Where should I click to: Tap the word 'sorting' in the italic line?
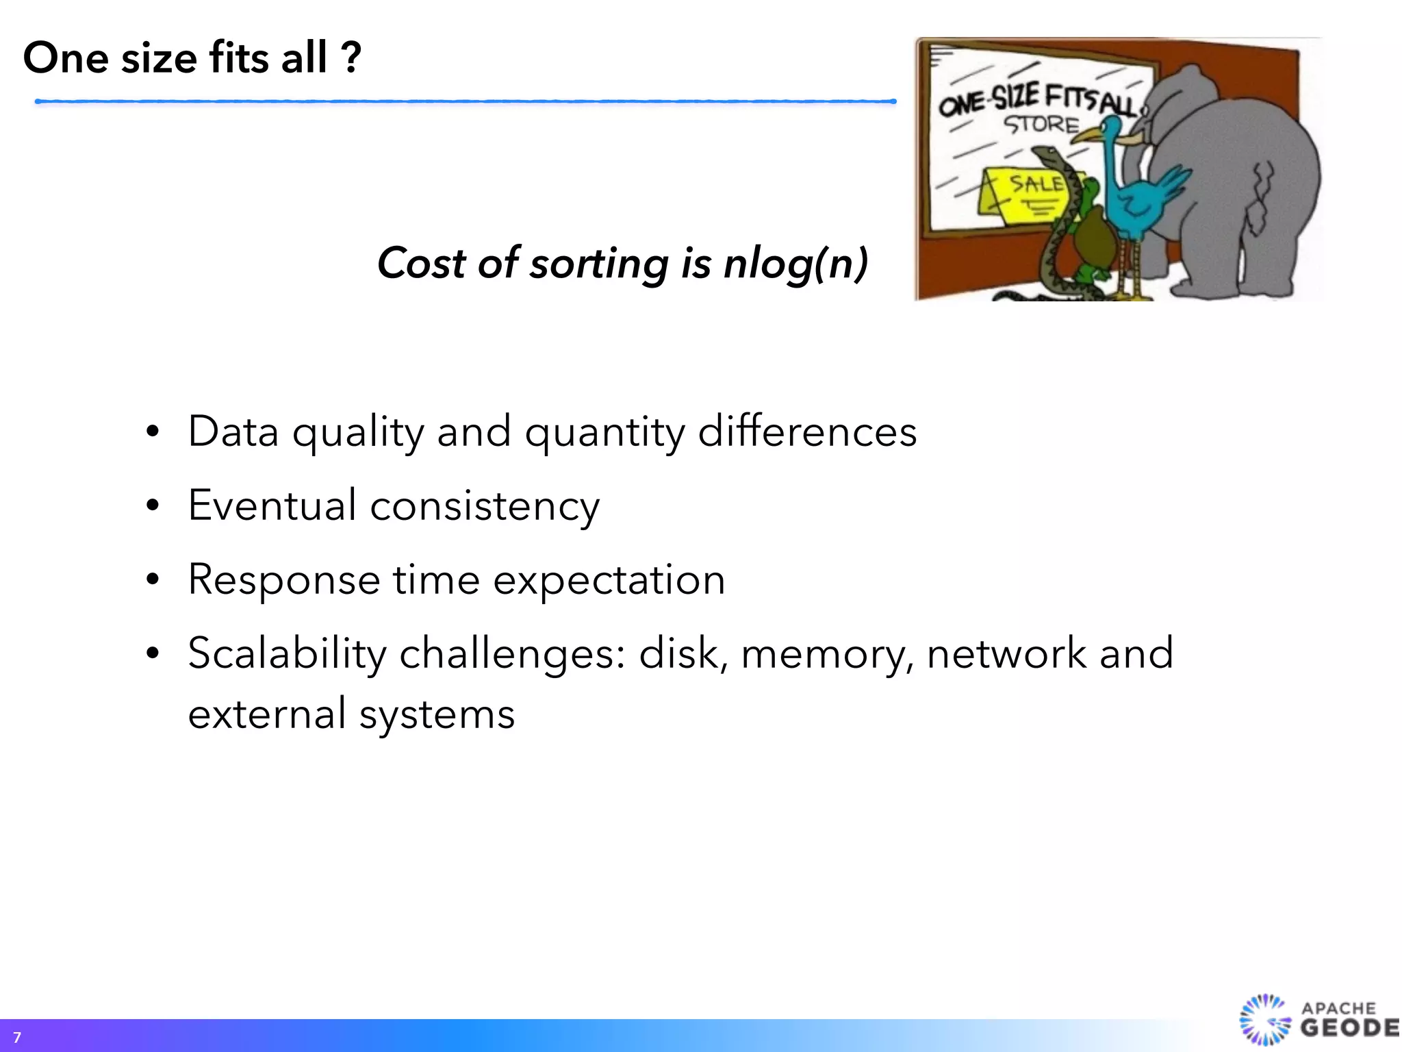click(598, 264)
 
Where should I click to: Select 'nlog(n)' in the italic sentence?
click(795, 264)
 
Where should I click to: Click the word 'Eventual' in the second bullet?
click(272, 505)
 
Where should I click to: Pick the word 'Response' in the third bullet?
click(283, 581)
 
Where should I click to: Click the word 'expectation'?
click(609, 581)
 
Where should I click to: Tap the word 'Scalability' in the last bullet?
click(287, 653)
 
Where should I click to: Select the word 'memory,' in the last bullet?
click(827, 655)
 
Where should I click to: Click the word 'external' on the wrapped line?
click(266, 714)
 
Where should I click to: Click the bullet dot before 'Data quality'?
click(153, 432)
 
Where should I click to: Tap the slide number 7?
click(17, 1038)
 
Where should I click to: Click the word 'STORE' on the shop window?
click(1041, 125)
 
